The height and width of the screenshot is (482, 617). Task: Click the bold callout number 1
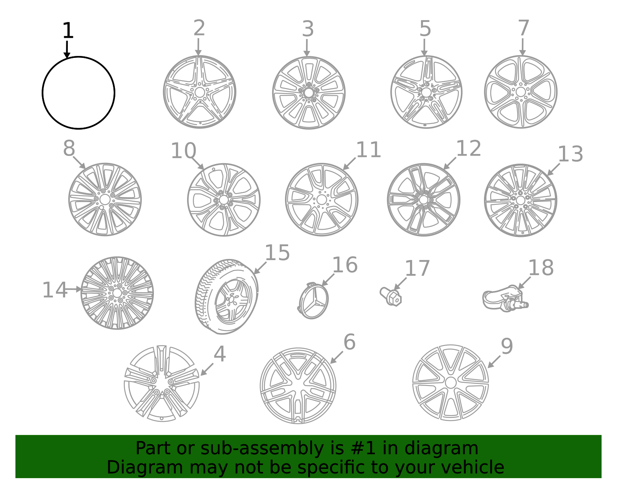(68, 30)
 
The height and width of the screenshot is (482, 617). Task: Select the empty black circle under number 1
(42, 93)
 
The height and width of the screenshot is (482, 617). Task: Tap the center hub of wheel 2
(200, 92)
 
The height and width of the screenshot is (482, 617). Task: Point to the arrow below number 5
(424, 47)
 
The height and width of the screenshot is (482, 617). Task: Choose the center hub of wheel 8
(105, 200)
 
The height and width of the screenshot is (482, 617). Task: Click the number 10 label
(184, 151)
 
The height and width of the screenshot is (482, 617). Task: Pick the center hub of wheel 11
(322, 200)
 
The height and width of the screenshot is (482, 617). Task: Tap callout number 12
(469, 148)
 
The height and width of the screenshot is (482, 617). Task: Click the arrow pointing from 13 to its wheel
(553, 169)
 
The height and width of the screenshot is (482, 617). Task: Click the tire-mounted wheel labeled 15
(227, 296)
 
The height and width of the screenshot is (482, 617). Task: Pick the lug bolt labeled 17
(391, 296)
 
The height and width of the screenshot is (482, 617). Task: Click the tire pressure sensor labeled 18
(505, 299)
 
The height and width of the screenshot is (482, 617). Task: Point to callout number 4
(220, 354)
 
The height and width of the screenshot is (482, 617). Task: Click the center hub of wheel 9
(451, 382)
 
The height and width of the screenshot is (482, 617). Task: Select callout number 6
(349, 342)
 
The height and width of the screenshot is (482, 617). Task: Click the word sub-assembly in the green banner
(262, 448)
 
